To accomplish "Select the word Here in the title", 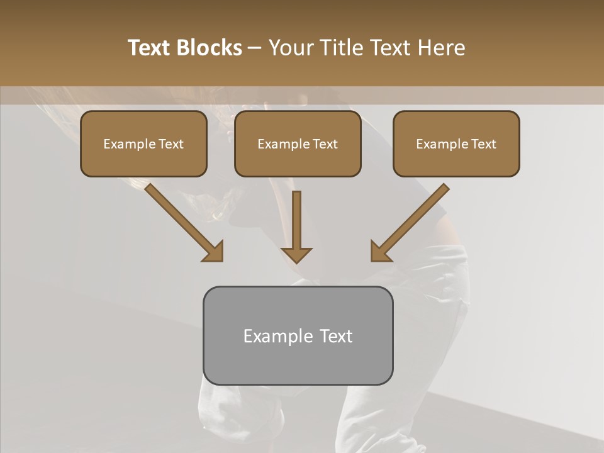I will coord(440,48).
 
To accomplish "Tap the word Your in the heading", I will coord(291,48).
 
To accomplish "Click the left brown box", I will coord(143,144).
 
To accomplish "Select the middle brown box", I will coord(298,144).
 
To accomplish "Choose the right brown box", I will coord(456,144).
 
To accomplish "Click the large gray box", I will coord(298,335).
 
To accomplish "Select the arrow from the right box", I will coord(411,221).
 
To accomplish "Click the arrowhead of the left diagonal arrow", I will coord(215,252).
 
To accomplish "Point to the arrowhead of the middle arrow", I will coord(297,254).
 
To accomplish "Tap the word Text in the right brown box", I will coord(483,144).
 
